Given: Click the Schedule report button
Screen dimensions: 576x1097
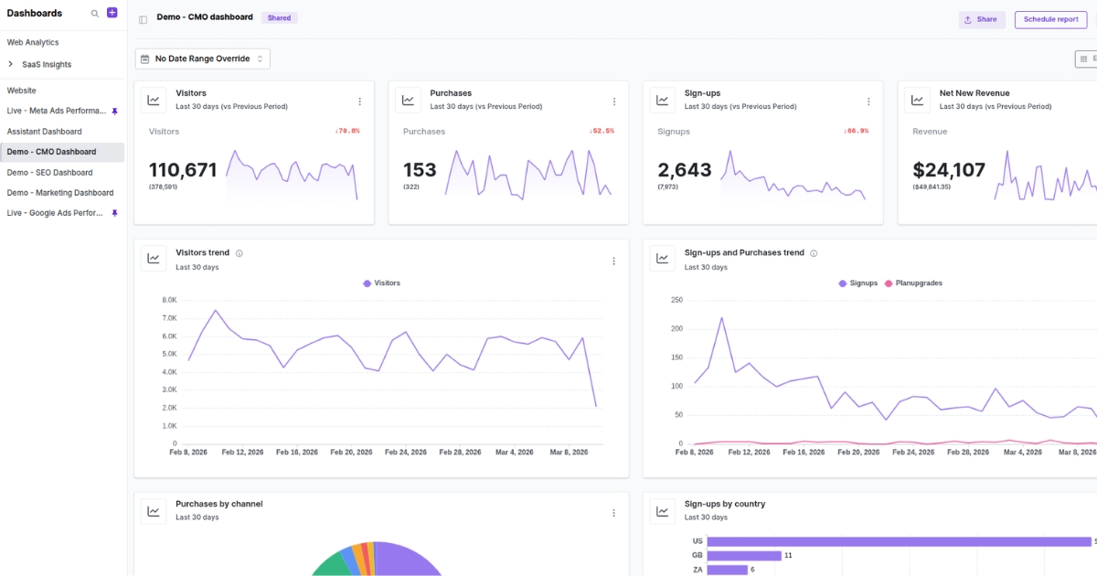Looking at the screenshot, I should [x=1050, y=19].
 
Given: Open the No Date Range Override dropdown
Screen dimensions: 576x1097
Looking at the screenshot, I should [x=202, y=59].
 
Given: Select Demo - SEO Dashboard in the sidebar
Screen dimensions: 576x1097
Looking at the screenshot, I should [x=49, y=173].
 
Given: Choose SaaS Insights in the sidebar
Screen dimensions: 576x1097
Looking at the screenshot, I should [x=47, y=65].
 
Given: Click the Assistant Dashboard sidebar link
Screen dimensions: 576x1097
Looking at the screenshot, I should [x=44, y=132].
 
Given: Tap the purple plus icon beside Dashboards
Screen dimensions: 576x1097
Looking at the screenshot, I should [x=112, y=13].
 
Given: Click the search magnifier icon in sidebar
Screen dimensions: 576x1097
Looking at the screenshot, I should [x=95, y=14].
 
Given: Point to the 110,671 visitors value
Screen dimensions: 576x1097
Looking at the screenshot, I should [x=183, y=170].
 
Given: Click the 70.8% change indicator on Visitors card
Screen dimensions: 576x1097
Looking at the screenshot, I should [x=346, y=131].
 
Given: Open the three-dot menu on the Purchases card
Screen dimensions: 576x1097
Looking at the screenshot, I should [x=614, y=101].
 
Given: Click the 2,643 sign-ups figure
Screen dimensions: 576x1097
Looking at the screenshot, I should [x=685, y=170].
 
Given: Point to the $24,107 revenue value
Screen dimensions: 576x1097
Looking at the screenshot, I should [x=949, y=170].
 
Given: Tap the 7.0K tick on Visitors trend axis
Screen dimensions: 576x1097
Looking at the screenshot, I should [x=169, y=318].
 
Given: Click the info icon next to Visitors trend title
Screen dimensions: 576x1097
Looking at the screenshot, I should [x=240, y=253].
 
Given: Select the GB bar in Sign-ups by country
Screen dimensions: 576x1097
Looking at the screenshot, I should [x=744, y=555].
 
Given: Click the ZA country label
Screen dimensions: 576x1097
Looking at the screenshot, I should [x=697, y=570].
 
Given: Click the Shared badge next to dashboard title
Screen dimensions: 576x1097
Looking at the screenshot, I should [x=279, y=18].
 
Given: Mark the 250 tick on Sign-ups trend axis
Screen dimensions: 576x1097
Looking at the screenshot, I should [x=676, y=300].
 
